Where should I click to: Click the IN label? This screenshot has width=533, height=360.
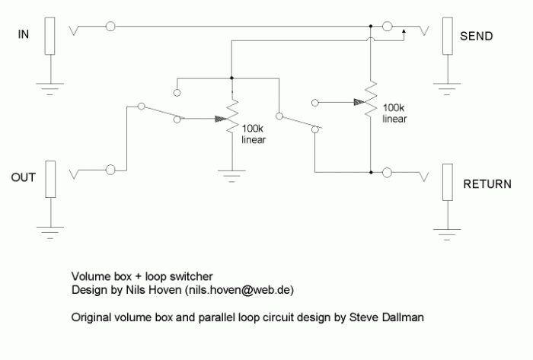click(23, 34)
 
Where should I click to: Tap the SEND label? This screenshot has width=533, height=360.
click(476, 36)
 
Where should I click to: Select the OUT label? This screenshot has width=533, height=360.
click(23, 177)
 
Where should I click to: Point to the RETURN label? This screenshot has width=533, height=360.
click(487, 184)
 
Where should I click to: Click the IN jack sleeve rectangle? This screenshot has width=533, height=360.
click(49, 36)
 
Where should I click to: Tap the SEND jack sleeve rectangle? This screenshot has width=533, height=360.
click(448, 36)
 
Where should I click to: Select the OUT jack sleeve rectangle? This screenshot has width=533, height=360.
click(50, 179)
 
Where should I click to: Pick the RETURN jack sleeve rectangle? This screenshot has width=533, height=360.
click(448, 183)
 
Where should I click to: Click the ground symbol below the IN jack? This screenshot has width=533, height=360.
click(50, 89)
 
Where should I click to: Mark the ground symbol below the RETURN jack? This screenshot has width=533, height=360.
click(447, 234)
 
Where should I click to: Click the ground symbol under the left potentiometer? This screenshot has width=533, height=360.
click(231, 177)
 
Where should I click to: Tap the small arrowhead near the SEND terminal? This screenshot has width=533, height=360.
click(404, 31)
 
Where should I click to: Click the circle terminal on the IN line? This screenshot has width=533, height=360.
click(110, 26)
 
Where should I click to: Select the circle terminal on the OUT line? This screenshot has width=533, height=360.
click(110, 170)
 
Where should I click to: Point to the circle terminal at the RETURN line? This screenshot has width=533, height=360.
click(387, 173)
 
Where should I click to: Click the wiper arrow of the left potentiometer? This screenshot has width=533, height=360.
click(221, 119)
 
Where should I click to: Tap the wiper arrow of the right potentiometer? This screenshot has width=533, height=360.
click(359, 102)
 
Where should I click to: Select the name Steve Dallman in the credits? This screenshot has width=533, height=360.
click(387, 317)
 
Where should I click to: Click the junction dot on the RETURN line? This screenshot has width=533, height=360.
click(371, 173)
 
